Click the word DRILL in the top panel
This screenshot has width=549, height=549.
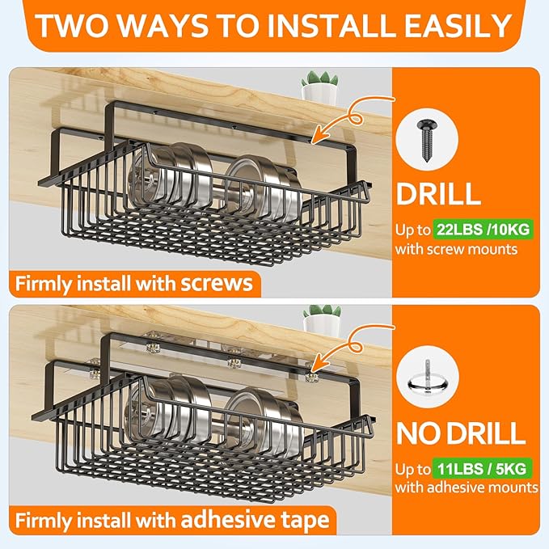point(437,194)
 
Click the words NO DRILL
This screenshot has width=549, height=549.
point(460,433)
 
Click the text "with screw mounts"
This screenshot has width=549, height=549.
point(456,249)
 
